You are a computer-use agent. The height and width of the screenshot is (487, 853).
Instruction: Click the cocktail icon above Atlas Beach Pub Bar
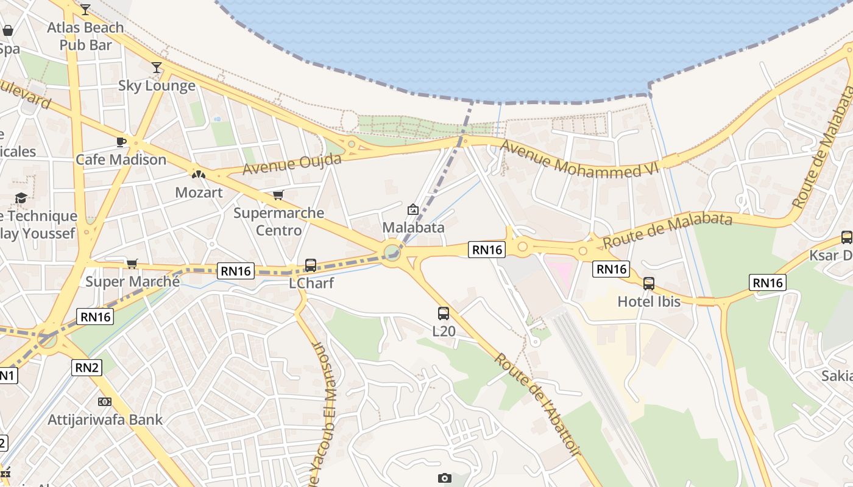pos(85,10)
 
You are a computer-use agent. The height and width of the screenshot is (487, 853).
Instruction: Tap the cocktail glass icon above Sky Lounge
pos(157,68)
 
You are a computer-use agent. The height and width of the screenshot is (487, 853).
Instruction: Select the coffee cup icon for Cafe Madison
pos(121,142)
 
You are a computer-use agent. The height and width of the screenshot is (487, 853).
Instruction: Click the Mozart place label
pos(199,192)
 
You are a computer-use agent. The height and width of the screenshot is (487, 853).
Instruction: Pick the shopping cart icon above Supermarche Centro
pos(278,195)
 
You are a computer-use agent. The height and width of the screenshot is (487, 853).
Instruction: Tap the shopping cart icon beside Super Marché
pos(132,264)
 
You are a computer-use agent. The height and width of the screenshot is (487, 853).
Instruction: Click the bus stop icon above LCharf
pos(311,265)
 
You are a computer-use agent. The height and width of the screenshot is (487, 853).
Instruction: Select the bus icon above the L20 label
pos(444,314)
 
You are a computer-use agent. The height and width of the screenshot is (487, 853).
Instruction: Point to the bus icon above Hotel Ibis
pos(649,283)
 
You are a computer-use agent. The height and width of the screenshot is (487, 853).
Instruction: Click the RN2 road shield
pos(87,367)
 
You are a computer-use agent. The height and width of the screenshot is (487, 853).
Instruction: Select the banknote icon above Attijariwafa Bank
pos(105,402)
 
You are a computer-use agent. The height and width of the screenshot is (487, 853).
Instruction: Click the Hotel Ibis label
pos(649,301)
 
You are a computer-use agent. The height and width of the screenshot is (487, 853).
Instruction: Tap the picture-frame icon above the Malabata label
pos(413,209)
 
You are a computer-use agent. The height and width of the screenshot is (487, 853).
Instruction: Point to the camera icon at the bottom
pos(445,478)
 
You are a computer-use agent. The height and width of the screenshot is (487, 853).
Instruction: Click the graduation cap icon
pos(21,198)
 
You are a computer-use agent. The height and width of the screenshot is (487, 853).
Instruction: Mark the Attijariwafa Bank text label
pos(105,419)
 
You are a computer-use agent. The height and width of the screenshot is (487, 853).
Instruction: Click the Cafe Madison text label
pos(121,159)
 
